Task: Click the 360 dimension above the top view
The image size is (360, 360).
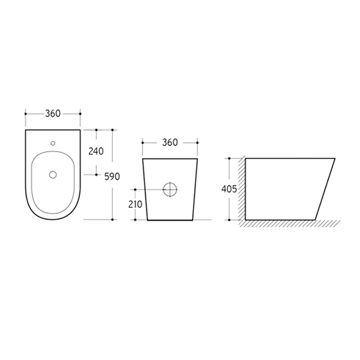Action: click(53, 114)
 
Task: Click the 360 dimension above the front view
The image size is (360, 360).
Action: click(170, 143)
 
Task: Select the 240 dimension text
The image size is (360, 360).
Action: click(96, 151)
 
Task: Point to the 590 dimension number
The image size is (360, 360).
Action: click(112, 176)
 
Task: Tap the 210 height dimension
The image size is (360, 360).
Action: click(135, 204)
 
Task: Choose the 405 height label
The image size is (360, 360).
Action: click(229, 189)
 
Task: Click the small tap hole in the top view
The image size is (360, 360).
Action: click(53, 143)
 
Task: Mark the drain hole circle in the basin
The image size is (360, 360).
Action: click(53, 175)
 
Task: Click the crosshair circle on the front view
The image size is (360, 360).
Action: click(170, 189)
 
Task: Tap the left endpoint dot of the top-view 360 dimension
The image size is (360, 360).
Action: click(26, 114)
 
